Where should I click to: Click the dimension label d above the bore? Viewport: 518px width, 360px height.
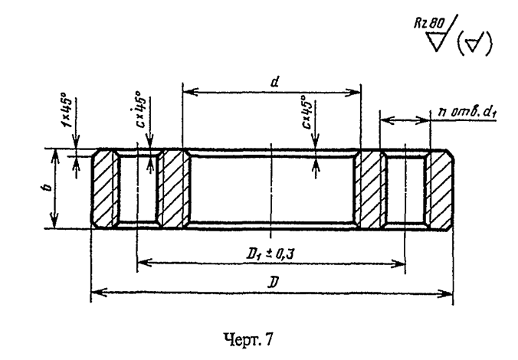(274, 81)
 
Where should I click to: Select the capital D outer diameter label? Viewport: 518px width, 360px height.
(273, 283)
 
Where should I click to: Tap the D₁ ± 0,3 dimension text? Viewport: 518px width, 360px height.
(270, 254)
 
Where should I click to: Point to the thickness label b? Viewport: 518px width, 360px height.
(48, 187)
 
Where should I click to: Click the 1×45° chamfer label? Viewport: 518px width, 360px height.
(67, 110)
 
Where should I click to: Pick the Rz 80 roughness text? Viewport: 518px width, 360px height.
(429, 23)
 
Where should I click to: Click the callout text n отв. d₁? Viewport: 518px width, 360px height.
(467, 112)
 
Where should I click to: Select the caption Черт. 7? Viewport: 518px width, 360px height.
(248, 339)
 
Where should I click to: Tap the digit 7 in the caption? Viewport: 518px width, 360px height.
(269, 339)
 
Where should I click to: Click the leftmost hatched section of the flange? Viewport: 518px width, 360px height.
(104, 189)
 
